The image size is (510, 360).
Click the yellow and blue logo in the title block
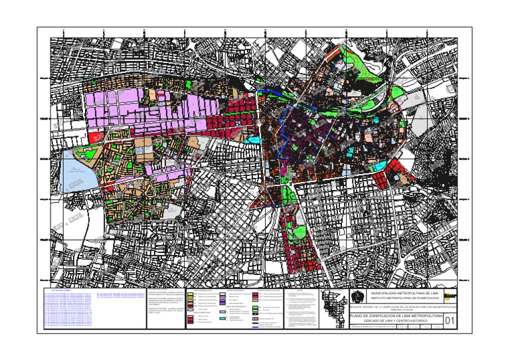[450, 296]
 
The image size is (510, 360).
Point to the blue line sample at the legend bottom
[258, 327]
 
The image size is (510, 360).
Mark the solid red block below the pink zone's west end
[92, 137]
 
